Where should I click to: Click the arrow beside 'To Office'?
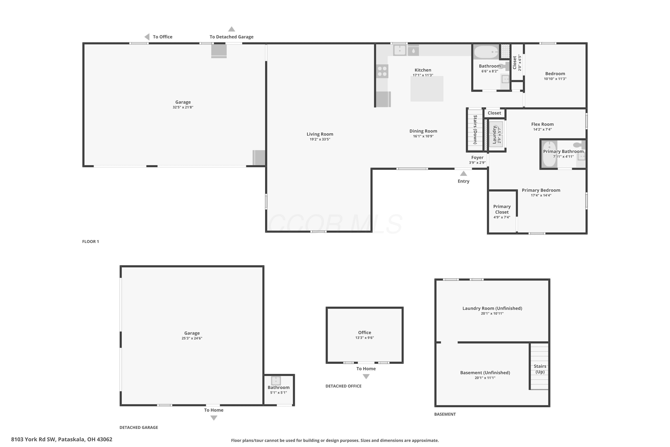147,37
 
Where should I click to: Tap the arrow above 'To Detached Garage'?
232,29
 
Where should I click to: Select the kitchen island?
427,89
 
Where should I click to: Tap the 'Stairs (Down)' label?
475,130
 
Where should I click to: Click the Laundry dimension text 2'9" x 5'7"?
499,135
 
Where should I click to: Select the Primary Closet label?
502,209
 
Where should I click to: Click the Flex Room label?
542,124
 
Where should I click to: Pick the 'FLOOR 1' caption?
91,241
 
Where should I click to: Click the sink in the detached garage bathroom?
276,381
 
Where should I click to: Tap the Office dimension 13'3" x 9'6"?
365,337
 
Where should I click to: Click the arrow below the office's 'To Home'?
366,376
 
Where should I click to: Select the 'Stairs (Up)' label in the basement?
540,369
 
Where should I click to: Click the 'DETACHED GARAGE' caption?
139,427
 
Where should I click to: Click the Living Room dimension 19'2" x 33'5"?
320,139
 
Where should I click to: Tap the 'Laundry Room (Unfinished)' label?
492,308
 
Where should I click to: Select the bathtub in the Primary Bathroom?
549,154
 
